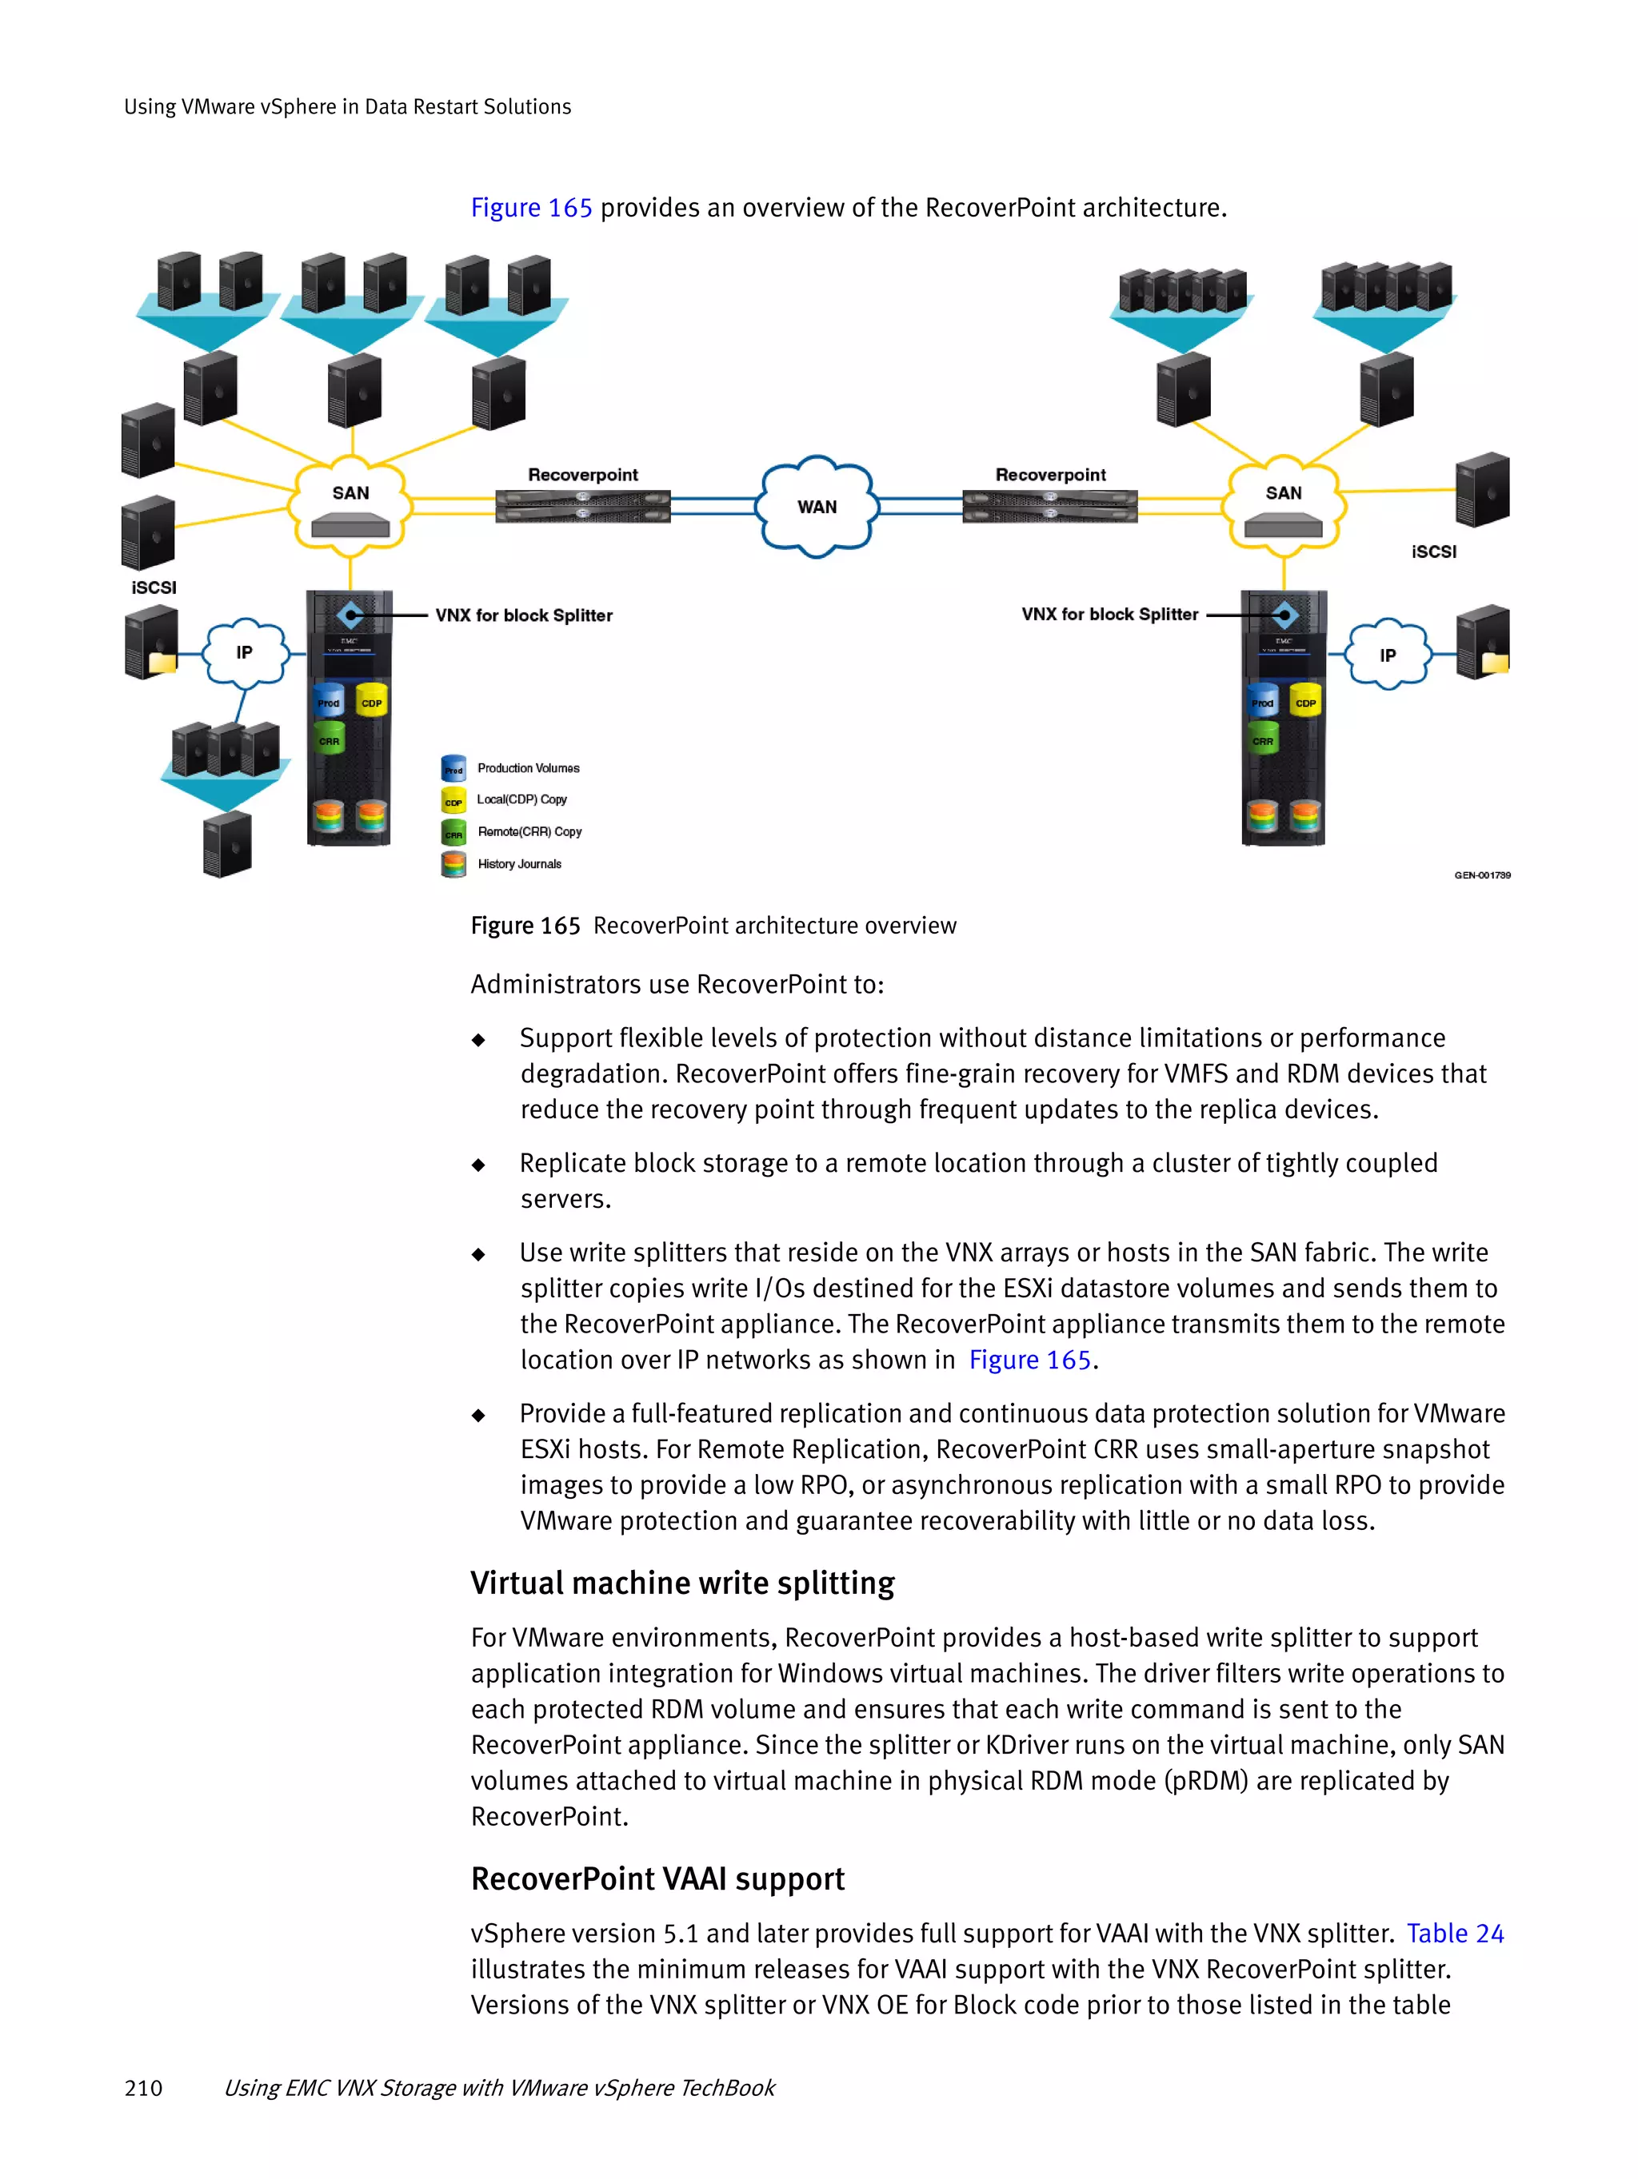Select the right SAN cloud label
pos(1283,492)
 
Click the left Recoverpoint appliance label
pos(582,475)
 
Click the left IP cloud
pos(245,652)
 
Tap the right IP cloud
pos(1387,655)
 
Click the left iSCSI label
pos(154,587)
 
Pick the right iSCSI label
pos(1433,552)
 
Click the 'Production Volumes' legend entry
pos(527,768)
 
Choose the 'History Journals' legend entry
pos(518,864)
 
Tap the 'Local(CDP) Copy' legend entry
pos(521,800)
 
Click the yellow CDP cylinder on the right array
pos(1304,700)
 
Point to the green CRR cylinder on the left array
pos(330,739)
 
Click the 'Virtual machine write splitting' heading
pos(682,1583)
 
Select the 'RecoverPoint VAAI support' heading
pos(657,1878)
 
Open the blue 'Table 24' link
pos(1454,1934)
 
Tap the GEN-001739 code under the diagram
pos(1481,874)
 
